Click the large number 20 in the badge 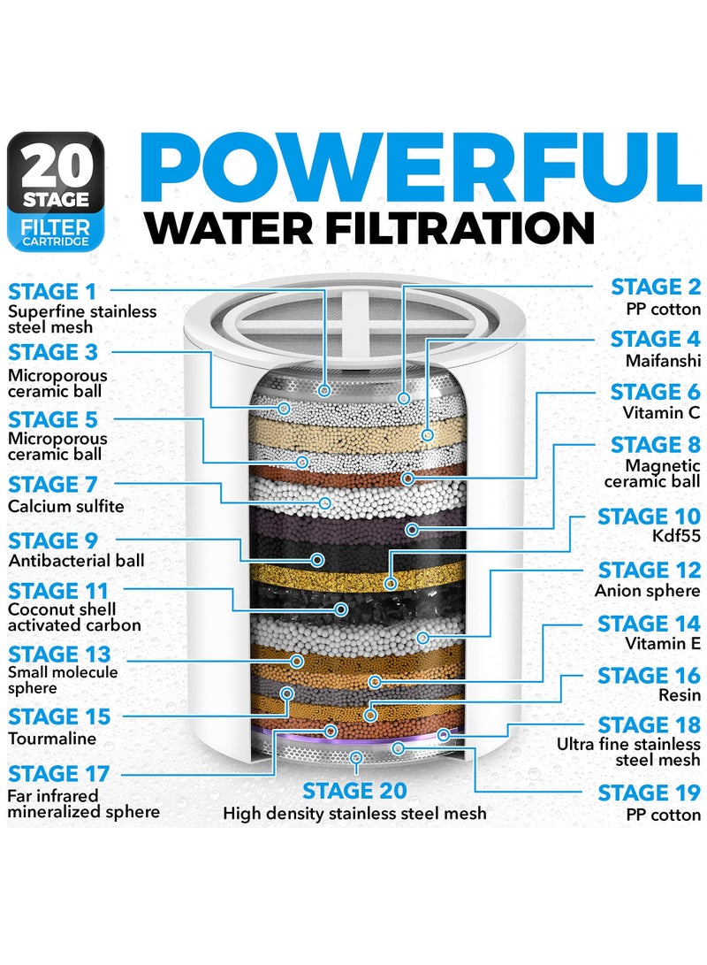pyautogui.click(x=56, y=165)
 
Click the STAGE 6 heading pyautogui.click(x=655, y=391)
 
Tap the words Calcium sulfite pyautogui.click(x=66, y=506)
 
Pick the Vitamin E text pyautogui.click(x=662, y=644)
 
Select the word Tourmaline pyautogui.click(x=52, y=738)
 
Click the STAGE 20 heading pyautogui.click(x=354, y=790)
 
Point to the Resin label pyautogui.click(x=679, y=697)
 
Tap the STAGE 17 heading pyautogui.click(x=58, y=774)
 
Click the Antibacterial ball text pyautogui.click(x=76, y=561)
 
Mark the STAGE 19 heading pyautogui.click(x=649, y=793)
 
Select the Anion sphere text pyautogui.click(x=648, y=591)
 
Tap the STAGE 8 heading pyautogui.click(x=655, y=444)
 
